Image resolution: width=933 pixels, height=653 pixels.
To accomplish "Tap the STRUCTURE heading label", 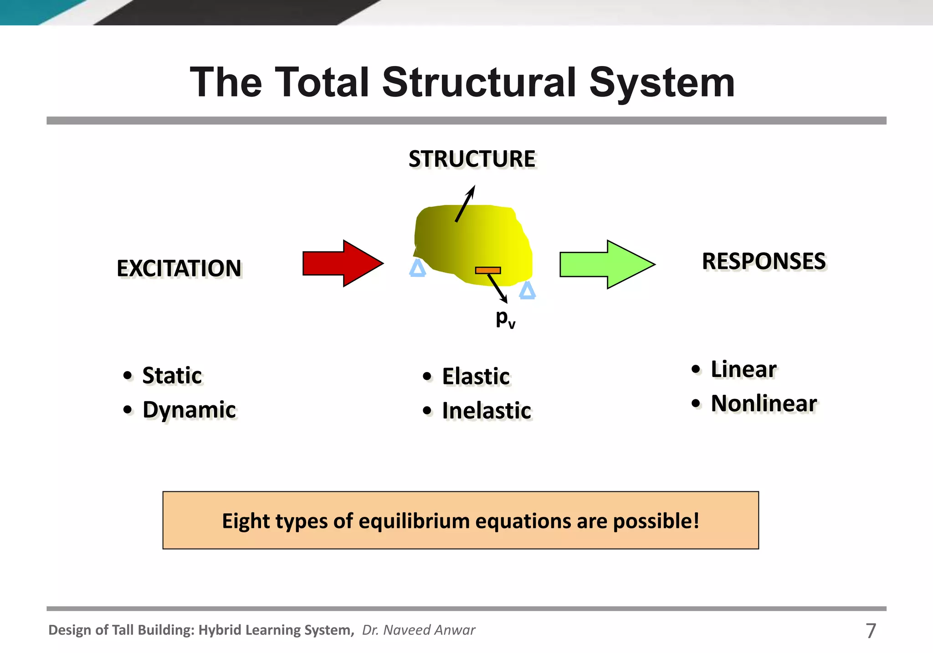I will click(x=472, y=159).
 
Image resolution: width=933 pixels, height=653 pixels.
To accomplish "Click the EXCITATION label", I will click(x=179, y=268).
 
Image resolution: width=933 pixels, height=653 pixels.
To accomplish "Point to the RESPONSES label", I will click(x=764, y=261).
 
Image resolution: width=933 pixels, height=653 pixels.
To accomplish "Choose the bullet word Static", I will click(x=172, y=376).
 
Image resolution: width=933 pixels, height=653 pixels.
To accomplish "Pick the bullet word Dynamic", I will click(x=189, y=410).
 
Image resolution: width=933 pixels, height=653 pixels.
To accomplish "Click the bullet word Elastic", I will click(x=476, y=377).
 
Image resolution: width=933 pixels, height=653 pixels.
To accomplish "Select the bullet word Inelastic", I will click(x=487, y=411).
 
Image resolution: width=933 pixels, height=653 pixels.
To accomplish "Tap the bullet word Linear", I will click(x=743, y=369).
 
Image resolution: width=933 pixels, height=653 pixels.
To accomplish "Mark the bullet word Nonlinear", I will click(x=764, y=403).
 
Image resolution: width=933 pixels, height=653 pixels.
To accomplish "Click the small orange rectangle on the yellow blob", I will click(x=488, y=270).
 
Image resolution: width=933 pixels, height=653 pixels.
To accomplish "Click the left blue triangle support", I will click(x=417, y=269).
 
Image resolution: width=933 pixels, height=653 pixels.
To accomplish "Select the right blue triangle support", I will click(x=527, y=291).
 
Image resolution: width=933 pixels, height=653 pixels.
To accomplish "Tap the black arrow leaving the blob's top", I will click(x=465, y=204).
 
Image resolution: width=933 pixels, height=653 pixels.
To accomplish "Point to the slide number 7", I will click(x=871, y=631).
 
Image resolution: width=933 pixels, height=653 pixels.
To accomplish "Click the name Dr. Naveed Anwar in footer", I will click(x=418, y=630).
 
